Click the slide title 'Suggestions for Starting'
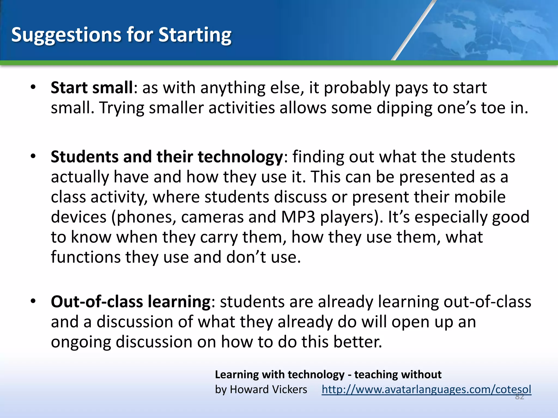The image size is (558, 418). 121,35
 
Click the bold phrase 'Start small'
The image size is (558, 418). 92,88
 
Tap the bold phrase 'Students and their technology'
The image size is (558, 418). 167,157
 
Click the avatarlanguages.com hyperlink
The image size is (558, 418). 426,389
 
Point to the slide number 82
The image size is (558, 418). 519,397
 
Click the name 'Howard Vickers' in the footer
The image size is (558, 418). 268,389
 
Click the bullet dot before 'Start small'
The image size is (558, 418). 33,88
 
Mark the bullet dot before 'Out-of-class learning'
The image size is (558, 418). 33,302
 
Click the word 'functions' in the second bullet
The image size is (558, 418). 85,257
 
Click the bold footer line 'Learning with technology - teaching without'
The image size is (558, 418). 328,375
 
